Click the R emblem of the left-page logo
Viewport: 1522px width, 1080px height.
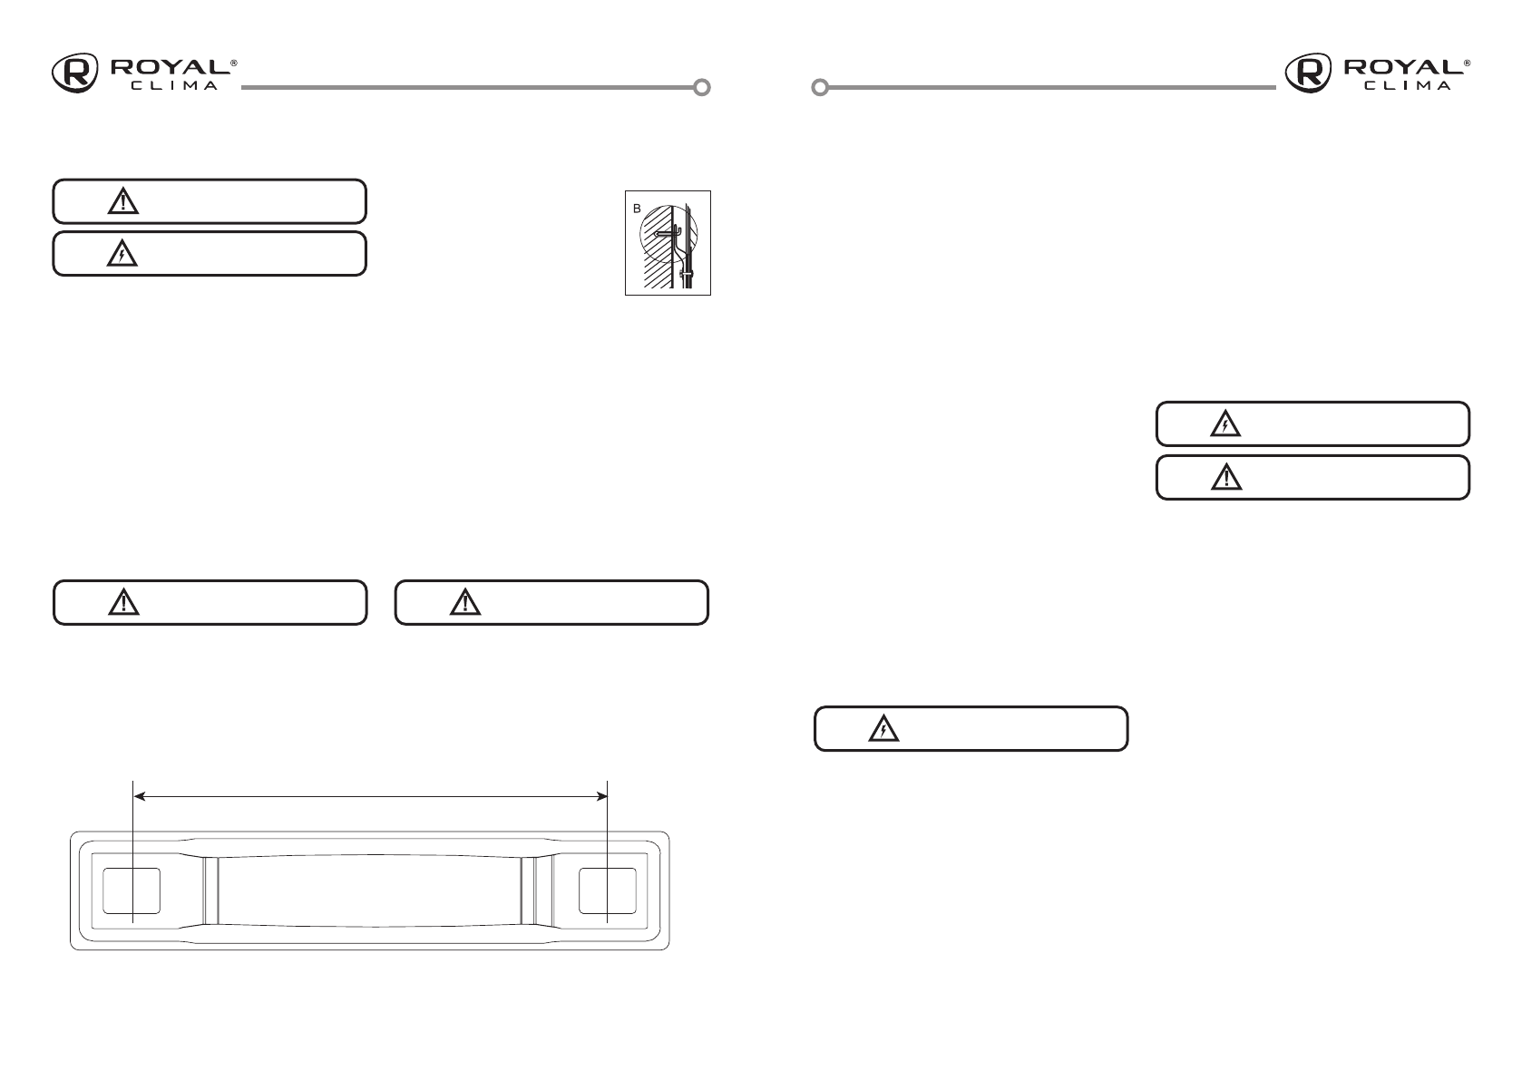click(x=74, y=73)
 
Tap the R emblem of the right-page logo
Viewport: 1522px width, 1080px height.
click(x=1307, y=73)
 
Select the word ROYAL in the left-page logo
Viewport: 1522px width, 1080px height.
click(x=169, y=68)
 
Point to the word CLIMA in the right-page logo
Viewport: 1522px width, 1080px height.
click(x=1408, y=86)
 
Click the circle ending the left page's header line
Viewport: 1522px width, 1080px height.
click(x=701, y=88)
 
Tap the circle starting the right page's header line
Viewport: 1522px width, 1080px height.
click(x=820, y=88)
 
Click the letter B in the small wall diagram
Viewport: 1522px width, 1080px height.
click(x=636, y=209)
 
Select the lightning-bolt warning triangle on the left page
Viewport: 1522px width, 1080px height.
click(x=122, y=256)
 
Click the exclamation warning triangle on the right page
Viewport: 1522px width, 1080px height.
click(x=1226, y=477)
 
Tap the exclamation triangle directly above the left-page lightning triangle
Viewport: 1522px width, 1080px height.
click(x=122, y=201)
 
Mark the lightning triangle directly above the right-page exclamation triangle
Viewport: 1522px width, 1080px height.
click(x=1226, y=423)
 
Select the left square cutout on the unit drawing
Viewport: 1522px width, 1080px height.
click(x=132, y=890)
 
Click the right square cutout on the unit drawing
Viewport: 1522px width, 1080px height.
click(x=607, y=890)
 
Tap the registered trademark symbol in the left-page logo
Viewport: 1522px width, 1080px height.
click(x=234, y=63)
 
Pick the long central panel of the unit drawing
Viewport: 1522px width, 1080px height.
click(x=369, y=890)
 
